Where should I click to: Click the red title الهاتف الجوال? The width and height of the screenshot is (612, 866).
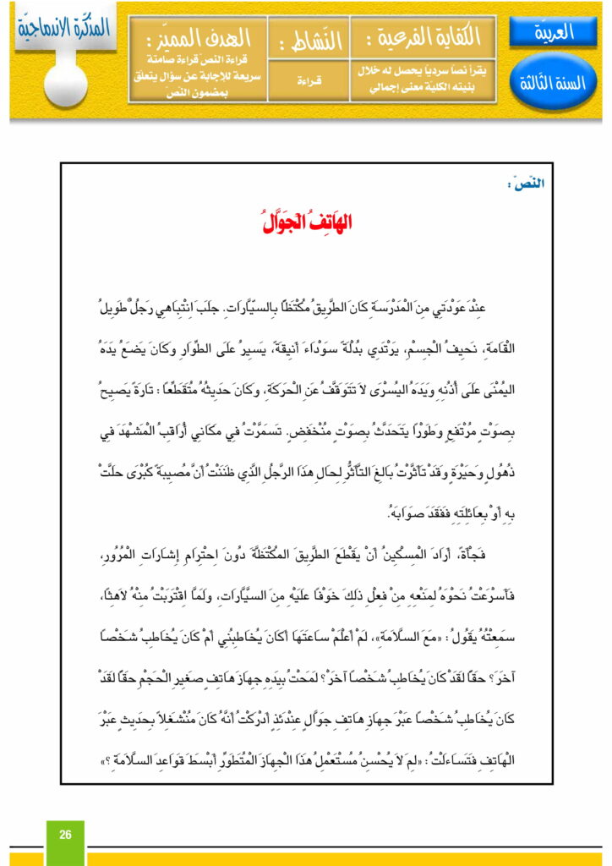[x=306, y=222]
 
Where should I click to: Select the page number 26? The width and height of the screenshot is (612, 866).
[x=65, y=835]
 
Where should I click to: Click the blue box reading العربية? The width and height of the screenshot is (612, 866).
[x=554, y=33]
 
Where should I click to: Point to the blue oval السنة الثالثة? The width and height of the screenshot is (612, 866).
[x=554, y=84]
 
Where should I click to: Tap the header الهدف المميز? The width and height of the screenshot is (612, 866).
[x=197, y=37]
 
